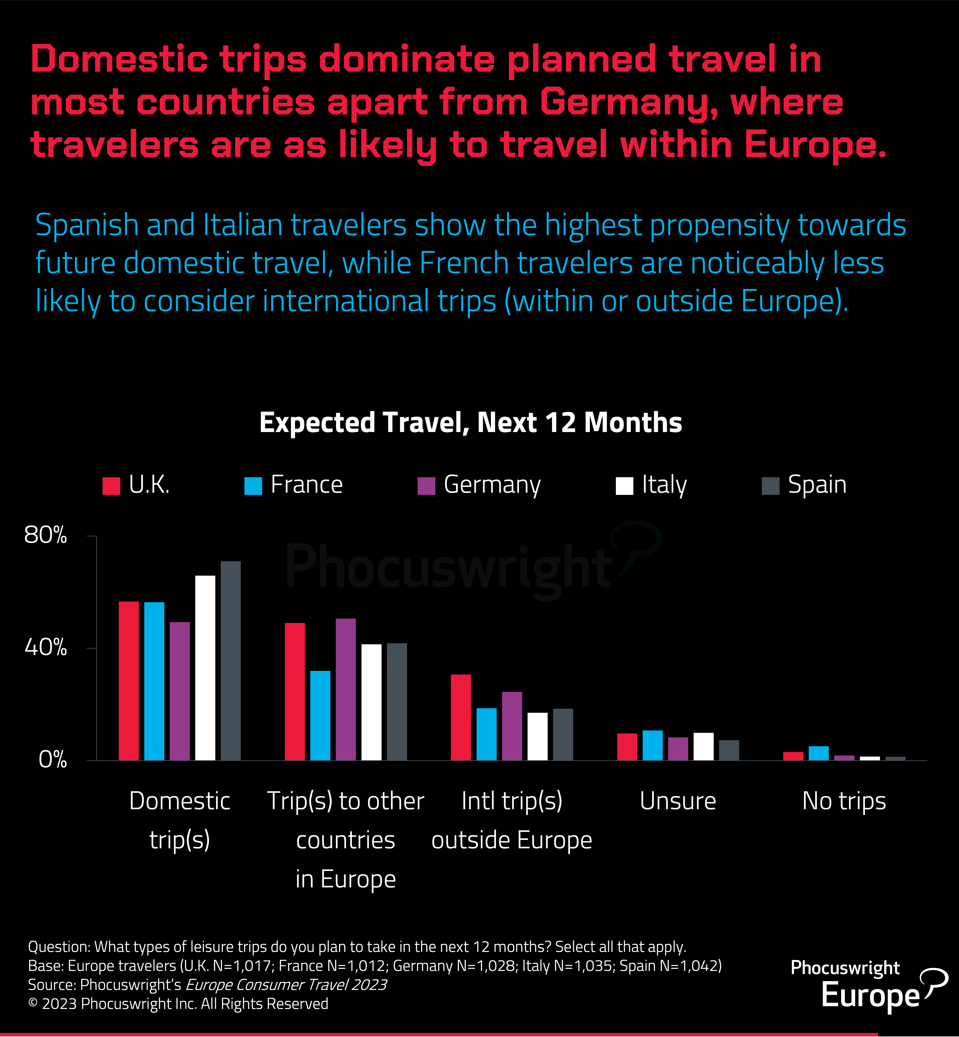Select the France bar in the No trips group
click(818, 753)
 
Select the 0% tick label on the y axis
click(52, 760)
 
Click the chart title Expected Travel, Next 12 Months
click(471, 422)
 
